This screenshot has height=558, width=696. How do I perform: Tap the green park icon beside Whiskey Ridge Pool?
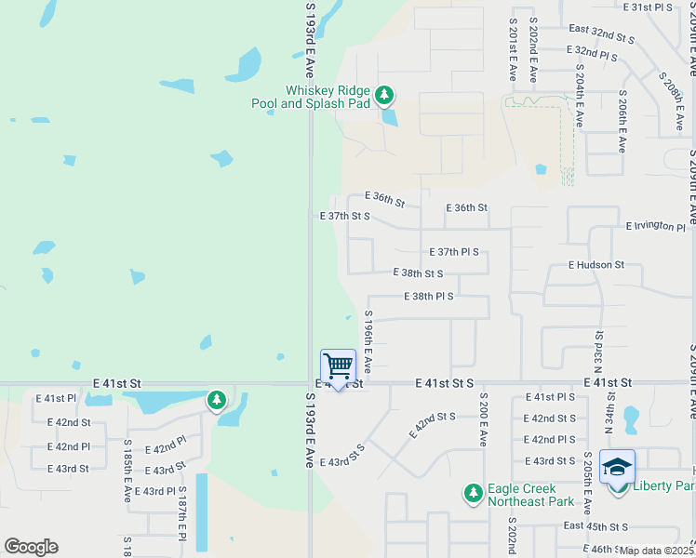coord(384,95)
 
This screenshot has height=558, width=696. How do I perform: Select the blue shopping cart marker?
coord(338,366)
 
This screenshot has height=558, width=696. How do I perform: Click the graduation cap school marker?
coord(617,468)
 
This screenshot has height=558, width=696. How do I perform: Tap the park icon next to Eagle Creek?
coord(473,493)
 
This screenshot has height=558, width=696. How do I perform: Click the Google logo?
coord(31,547)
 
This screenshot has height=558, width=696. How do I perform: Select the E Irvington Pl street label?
coord(656,226)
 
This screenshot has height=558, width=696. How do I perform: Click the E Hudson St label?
coord(596,265)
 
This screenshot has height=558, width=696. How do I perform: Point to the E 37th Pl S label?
coord(454,252)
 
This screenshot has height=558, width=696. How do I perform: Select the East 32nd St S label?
coord(601,35)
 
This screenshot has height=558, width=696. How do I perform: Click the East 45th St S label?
coord(596,527)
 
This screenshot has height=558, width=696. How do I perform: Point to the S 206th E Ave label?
coord(621,121)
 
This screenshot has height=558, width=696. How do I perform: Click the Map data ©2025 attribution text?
coord(657,551)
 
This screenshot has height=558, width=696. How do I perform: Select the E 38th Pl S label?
coord(429,296)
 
